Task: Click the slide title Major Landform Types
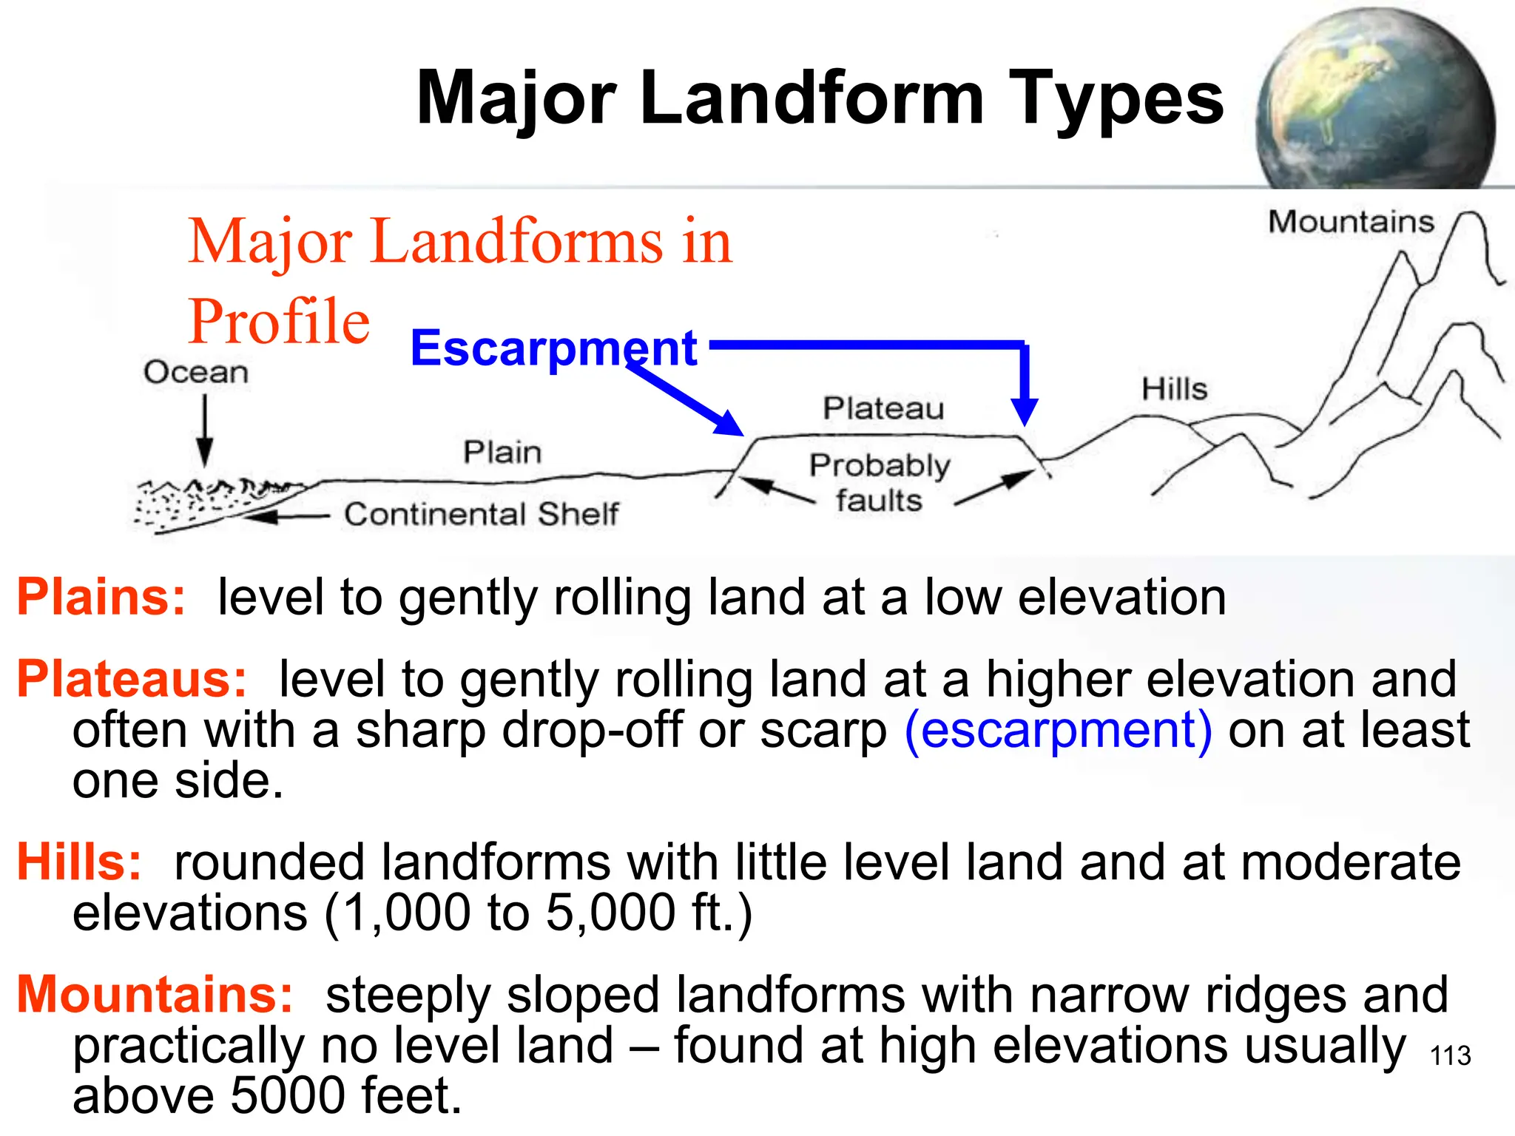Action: click(x=820, y=98)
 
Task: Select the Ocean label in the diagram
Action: click(x=196, y=372)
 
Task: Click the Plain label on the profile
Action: click(x=502, y=452)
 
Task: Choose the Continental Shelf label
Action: click(x=481, y=514)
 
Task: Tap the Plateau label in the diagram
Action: click(x=883, y=408)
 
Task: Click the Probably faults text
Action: click(x=879, y=483)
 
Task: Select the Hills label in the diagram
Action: click(x=1174, y=389)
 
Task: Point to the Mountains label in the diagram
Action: click(x=1351, y=222)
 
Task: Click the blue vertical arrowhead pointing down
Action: click(x=1025, y=410)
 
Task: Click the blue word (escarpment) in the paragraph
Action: click(x=1058, y=730)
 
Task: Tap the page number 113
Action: click(x=1451, y=1055)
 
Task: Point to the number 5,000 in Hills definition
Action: click(x=610, y=912)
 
